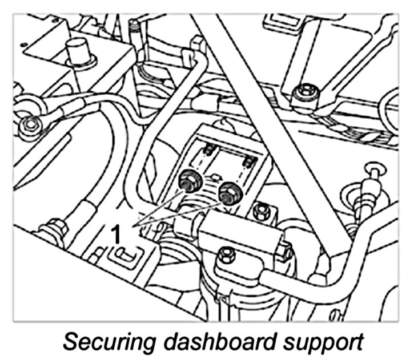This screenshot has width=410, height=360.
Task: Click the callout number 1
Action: (x=116, y=233)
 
